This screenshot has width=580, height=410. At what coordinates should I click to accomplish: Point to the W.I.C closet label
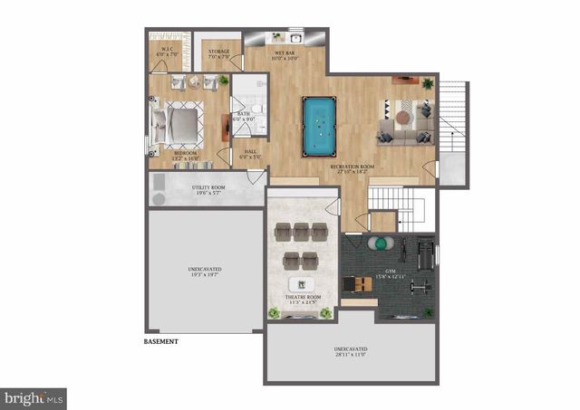point(168,52)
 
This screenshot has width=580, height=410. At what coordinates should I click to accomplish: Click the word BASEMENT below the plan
point(161,342)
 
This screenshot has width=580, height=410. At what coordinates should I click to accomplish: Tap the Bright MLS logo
point(34,397)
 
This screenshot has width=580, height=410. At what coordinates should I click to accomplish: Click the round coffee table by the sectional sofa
point(401,118)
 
